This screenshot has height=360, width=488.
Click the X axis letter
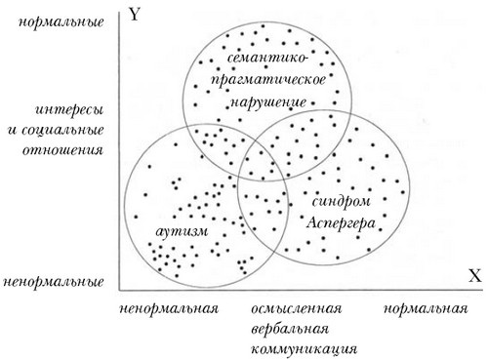pyautogui.click(x=474, y=277)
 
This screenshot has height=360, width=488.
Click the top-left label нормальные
pyautogui.click(x=66, y=20)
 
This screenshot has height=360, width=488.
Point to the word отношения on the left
pyautogui.click(x=69, y=150)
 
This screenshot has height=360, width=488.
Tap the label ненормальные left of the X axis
pyautogui.click(x=55, y=281)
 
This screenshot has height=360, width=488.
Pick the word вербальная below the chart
pyautogui.click(x=291, y=328)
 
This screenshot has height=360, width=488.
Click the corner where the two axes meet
pyautogui.click(x=119, y=290)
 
